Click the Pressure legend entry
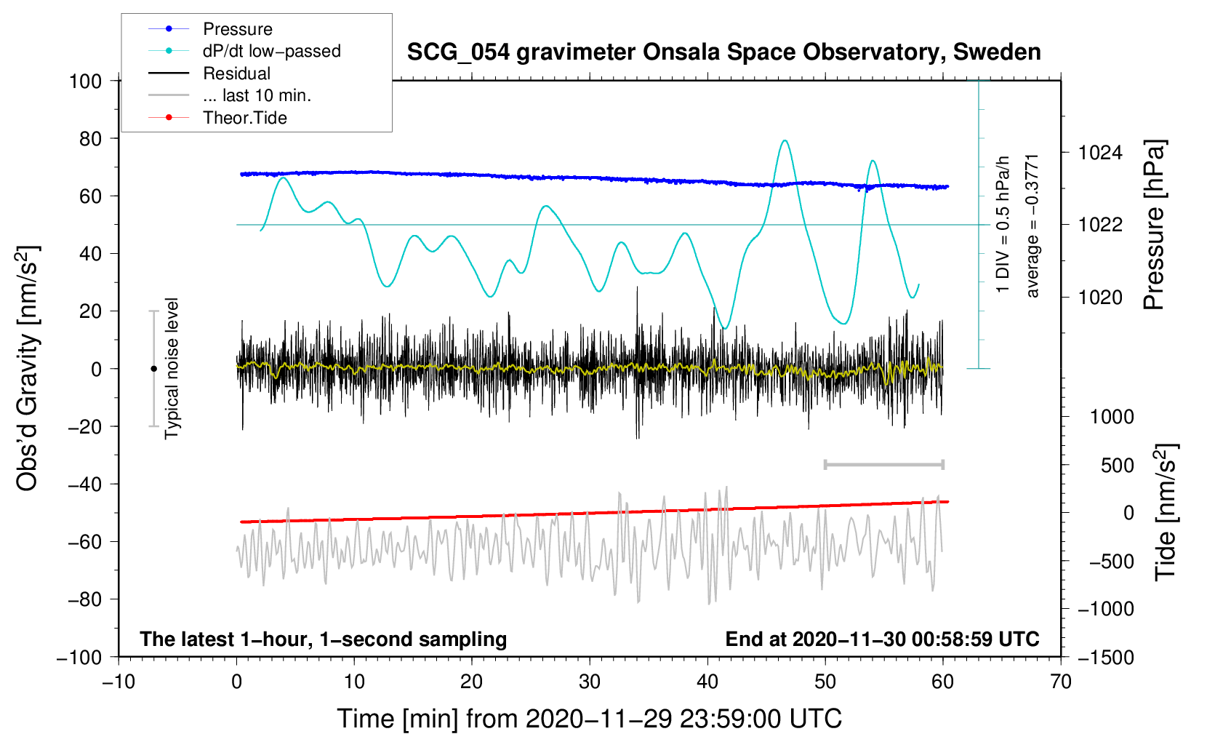(237, 29)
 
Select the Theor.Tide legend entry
(244, 118)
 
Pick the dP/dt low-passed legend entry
(271, 51)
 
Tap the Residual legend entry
(236, 73)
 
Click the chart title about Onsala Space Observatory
(723, 52)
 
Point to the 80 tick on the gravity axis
(90, 138)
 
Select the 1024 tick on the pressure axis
(1100, 153)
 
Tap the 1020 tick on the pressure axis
(1100, 297)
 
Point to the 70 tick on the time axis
(1061, 682)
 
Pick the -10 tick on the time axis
(119, 682)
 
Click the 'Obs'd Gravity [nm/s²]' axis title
(28, 369)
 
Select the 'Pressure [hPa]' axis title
(1154, 226)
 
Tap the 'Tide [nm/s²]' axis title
(1166, 512)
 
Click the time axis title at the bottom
(589, 719)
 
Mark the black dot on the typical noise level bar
(153, 369)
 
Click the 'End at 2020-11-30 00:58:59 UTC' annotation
(882, 639)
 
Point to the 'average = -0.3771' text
(1032, 226)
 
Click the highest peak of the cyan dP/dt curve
(784, 140)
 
